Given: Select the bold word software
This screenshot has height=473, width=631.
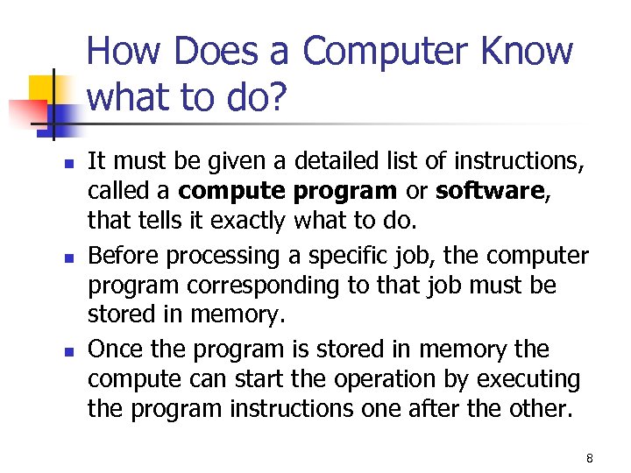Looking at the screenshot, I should [x=490, y=192].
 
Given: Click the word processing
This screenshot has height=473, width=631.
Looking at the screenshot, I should [x=218, y=256].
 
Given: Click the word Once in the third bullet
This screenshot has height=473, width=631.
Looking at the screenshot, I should [x=117, y=349].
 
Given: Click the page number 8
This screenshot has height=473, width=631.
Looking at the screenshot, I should [x=590, y=458].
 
